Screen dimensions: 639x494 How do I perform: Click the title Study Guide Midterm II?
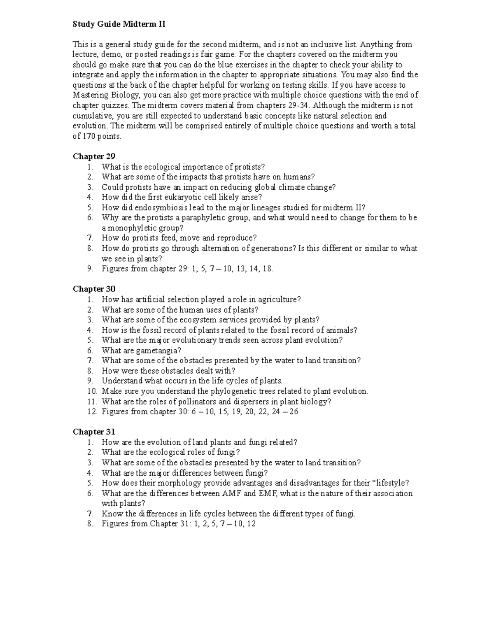point(119,24)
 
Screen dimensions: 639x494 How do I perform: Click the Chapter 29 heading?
point(94,156)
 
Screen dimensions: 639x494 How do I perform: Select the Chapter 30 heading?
point(94,289)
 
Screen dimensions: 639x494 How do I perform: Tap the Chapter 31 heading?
point(94,432)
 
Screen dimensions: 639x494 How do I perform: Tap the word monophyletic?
point(130,228)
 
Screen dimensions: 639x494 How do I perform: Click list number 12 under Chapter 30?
point(92,411)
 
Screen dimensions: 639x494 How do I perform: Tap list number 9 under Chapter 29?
point(90,269)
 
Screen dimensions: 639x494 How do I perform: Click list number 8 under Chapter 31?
point(90,524)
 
